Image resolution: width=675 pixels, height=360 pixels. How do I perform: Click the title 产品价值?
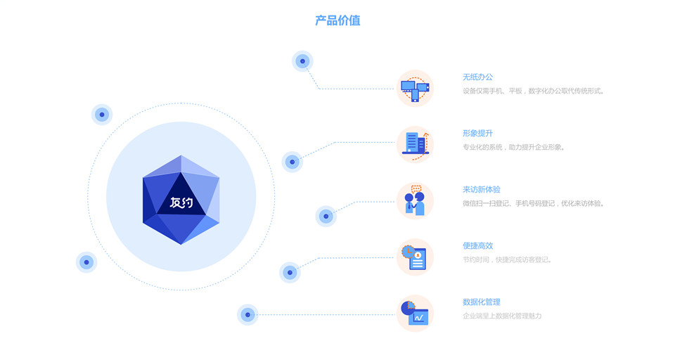click(337, 20)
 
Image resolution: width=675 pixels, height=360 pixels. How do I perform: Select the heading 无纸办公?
click(477, 77)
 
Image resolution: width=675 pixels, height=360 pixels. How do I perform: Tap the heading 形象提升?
click(477, 134)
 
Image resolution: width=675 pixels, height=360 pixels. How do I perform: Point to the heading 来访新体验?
click(482, 190)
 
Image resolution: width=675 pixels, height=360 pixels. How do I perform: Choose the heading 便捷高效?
click(477, 246)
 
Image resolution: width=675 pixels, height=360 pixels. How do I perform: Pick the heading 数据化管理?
click(482, 302)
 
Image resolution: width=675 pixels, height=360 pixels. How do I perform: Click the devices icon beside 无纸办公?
click(415, 89)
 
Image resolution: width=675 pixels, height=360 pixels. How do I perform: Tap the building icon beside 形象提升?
click(415, 144)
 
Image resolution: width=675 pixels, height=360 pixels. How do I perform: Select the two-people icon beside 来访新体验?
click(415, 201)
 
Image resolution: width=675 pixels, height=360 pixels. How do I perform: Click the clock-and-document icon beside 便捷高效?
click(415, 257)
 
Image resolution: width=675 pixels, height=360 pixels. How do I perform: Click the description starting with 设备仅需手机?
click(534, 91)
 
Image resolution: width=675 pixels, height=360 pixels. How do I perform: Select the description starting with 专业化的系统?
click(514, 147)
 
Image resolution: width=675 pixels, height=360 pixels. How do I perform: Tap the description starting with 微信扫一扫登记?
click(534, 203)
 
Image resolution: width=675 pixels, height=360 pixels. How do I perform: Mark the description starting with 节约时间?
click(507, 259)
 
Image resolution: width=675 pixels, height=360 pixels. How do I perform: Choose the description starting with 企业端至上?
click(502, 316)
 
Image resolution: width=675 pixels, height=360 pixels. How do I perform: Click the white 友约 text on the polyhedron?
click(181, 203)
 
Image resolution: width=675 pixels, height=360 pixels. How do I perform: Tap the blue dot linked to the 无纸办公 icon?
click(302, 61)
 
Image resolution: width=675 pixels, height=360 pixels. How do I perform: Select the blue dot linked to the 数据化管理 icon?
click(247, 315)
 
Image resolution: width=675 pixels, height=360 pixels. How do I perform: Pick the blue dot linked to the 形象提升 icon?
click(292, 162)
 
